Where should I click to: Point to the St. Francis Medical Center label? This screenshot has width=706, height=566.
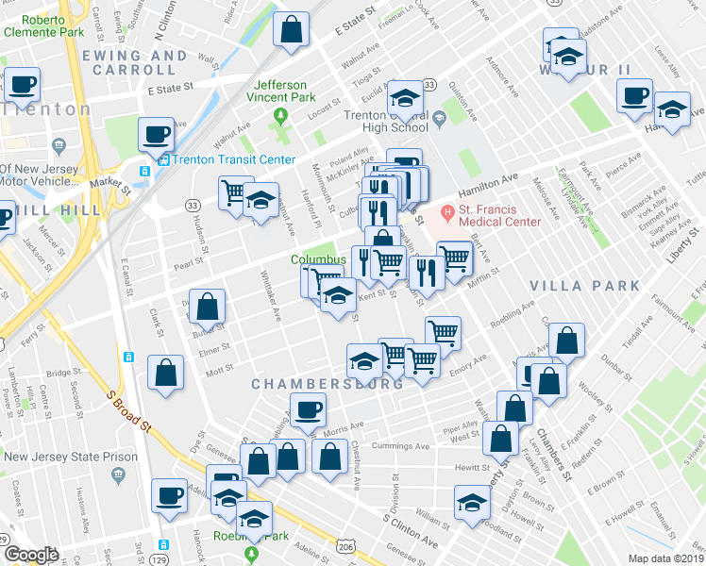point(499,215)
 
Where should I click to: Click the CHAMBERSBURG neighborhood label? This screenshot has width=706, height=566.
point(327,384)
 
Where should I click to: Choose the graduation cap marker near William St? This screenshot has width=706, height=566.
point(473,502)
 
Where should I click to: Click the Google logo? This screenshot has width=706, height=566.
point(31,555)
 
